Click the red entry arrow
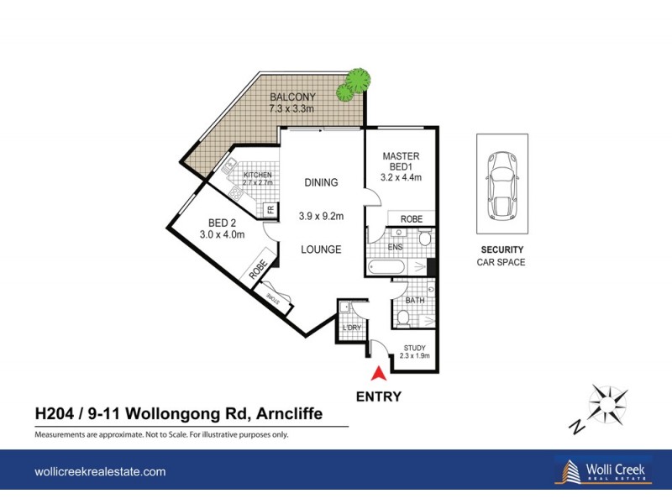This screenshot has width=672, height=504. (x=379, y=375)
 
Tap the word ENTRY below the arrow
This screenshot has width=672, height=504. (x=379, y=397)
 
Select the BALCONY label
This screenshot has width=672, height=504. (x=292, y=97)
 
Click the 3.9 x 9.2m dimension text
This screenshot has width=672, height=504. (x=321, y=216)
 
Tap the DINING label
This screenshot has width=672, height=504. (x=321, y=182)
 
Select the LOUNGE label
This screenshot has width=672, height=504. (x=321, y=249)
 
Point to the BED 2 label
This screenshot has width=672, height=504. (x=222, y=223)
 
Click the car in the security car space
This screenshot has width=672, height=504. (x=502, y=183)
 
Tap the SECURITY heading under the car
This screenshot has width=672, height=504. (x=502, y=249)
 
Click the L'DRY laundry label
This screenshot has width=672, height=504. (x=350, y=328)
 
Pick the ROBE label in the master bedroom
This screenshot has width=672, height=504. (x=411, y=218)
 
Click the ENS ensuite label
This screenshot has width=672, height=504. (x=394, y=247)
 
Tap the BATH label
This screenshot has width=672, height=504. (x=414, y=300)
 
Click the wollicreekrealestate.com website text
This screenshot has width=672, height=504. (x=100, y=472)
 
